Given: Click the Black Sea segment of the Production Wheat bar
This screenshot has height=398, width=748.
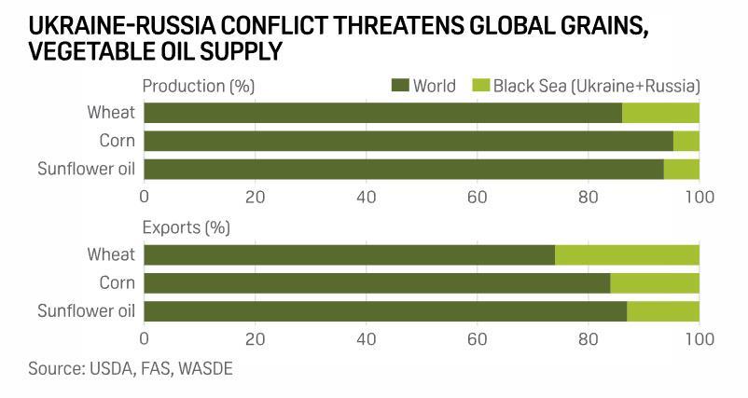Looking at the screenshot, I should tap(660, 113).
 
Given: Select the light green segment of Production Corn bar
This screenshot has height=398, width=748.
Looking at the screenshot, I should tap(686, 141).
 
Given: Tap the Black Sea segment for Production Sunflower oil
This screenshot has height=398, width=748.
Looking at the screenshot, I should tap(682, 169).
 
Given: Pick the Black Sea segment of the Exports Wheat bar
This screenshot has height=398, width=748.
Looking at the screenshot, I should tap(627, 254).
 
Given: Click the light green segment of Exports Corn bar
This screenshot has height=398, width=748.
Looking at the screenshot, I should tap(655, 282).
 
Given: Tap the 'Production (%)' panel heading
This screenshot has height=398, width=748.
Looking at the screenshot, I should tap(198, 87).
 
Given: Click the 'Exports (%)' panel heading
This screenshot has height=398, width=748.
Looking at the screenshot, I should tap(186, 227).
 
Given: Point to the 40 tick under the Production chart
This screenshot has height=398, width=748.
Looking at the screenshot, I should tap(366, 198).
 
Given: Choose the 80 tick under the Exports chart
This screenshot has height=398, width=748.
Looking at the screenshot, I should tap(588, 338).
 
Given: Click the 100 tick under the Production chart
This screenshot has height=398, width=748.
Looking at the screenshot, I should tap(699, 198).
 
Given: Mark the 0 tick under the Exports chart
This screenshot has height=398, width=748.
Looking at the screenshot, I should tap(145, 338).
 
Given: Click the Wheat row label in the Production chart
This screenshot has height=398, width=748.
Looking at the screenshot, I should tap(111, 113).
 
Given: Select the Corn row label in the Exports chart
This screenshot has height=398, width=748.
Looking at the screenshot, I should tap(117, 282).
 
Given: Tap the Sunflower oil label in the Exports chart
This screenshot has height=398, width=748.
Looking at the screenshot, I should tap(86, 310).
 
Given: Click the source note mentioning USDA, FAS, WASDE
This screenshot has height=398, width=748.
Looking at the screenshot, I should tap(131, 369).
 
